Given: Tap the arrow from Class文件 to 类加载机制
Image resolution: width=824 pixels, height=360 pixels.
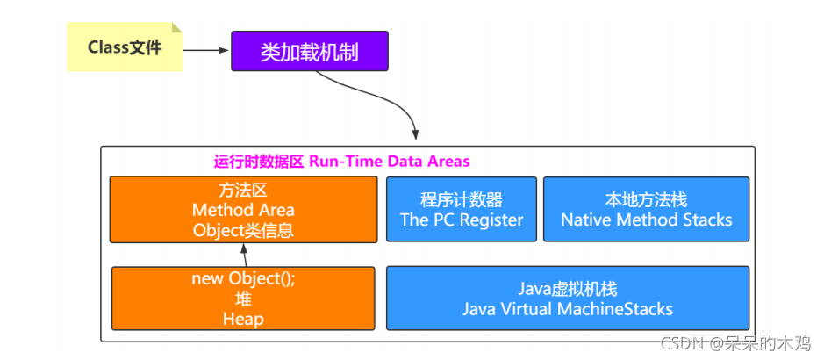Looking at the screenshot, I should tap(206, 50).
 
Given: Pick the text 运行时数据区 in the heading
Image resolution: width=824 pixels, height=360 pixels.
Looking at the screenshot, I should tap(259, 162).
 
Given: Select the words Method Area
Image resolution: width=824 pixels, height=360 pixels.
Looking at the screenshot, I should tap(243, 210).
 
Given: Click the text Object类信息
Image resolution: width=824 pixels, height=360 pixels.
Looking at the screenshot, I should tap(243, 230).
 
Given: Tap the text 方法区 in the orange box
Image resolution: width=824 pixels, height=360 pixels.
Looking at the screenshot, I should tap(243, 190).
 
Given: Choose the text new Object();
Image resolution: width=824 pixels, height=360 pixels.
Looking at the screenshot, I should tap(243, 279).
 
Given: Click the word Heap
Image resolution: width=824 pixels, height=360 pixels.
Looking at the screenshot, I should tap(243, 320).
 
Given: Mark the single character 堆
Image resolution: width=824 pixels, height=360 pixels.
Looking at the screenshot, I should tap(243, 299).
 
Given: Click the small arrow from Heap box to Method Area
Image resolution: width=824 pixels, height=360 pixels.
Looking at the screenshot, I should tap(245, 255).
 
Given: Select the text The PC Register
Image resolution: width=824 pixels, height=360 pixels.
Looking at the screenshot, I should tap(462, 220).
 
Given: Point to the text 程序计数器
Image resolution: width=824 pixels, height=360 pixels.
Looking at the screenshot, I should tap(462, 199).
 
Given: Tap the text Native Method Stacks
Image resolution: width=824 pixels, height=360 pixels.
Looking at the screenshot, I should tap(646, 220).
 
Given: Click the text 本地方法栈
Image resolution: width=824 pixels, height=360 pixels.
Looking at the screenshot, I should tap(646, 199).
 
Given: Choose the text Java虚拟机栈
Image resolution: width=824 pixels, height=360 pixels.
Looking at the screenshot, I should tap(568, 289).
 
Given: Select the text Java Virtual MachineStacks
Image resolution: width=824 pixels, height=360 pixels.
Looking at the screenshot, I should tap(568, 309).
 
